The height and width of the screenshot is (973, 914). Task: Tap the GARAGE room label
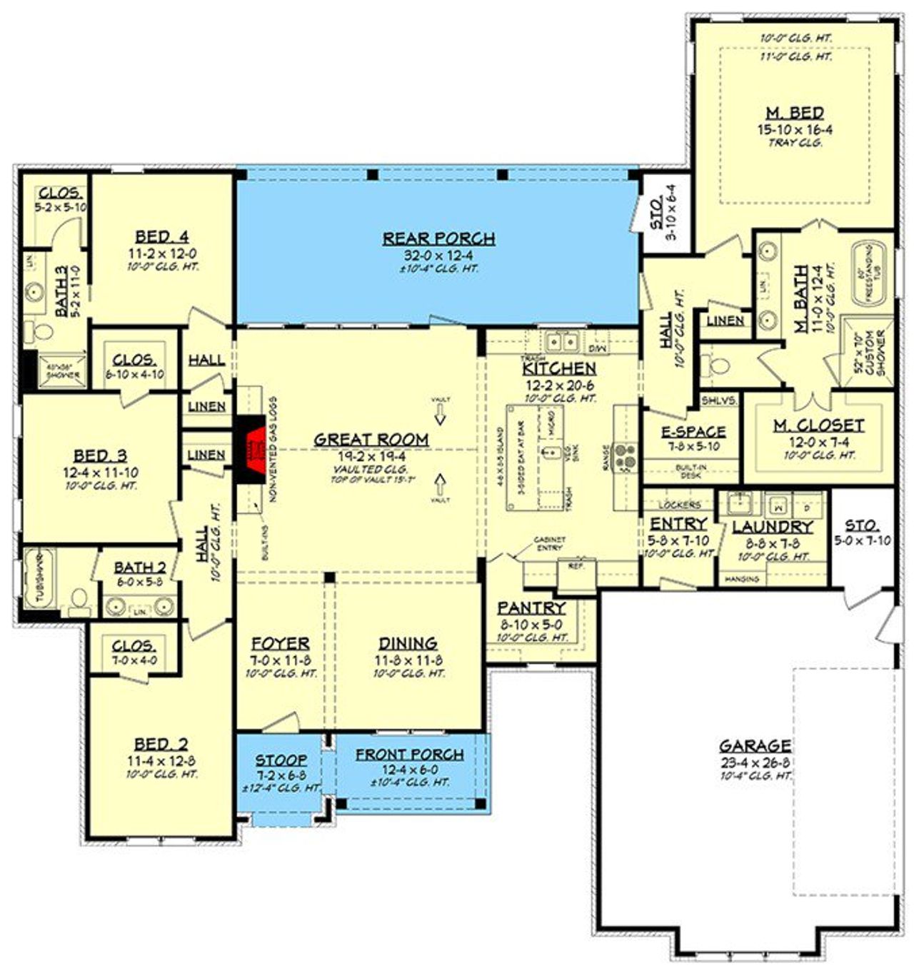[x=755, y=746]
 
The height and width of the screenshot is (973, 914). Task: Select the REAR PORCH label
[x=438, y=238]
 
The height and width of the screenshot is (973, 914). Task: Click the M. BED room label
[x=795, y=114]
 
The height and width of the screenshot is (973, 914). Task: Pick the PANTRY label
[x=531, y=608]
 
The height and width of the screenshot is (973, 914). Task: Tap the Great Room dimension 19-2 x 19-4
[x=371, y=456]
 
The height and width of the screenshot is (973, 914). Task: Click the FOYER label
[x=280, y=643]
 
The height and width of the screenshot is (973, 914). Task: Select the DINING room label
[x=408, y=643]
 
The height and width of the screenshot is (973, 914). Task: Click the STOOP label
[x=281, y=760]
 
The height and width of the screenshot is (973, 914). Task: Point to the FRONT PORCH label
[x=410, y=755]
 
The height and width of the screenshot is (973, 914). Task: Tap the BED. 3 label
[x=101, y=455]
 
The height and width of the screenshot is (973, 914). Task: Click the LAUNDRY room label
[x=773, y=527]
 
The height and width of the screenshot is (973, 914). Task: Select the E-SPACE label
[x=693, y=432]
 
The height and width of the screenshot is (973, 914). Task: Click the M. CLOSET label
[x=818, y=425]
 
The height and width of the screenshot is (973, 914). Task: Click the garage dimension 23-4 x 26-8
[x=755, y=762]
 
